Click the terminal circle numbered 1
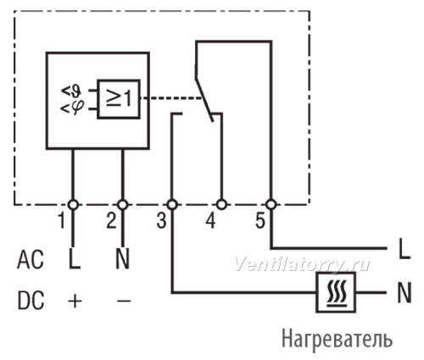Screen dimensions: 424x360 [73, 204]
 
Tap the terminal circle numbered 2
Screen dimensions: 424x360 [123, 204]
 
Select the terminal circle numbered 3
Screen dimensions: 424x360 [172, 204]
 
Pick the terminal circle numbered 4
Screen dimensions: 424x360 [221, 204]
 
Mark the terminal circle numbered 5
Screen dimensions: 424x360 [271, 204]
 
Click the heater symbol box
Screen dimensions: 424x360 [336, 292]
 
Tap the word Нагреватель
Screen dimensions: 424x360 [338, 339]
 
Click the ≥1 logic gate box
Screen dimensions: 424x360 [119, 99]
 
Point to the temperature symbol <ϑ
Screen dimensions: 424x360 [72, 91]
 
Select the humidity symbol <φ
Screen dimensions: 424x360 [72, 108]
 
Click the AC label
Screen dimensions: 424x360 [31, 260]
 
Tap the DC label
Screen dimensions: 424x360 [31, 300]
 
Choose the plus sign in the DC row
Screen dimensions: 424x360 [75, 301]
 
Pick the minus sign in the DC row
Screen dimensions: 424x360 [124, 301]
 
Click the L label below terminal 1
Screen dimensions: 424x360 [75, 259]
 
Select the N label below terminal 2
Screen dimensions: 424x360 [122, 259]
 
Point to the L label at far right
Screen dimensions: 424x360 [404, 249]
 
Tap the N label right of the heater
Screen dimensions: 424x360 [404, 292]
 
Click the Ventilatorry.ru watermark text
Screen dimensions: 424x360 [302, 265]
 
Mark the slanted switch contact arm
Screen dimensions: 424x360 [204, 99]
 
